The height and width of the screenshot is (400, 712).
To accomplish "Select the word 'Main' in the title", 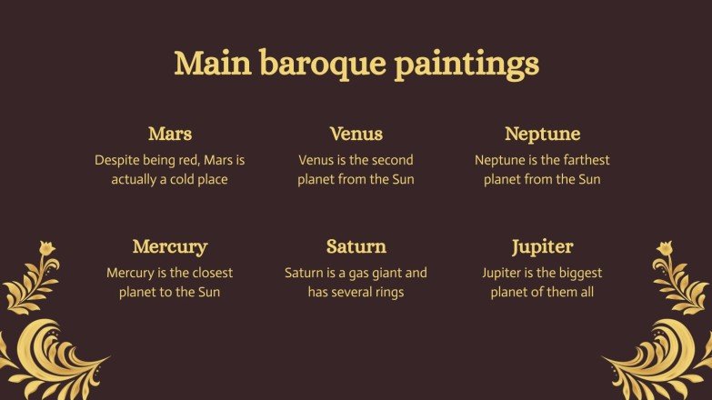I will click(212, 65).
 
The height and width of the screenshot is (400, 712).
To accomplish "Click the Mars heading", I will click(170, 135).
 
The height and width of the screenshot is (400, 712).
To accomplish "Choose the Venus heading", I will click(356, 135).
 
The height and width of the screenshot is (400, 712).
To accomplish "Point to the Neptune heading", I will click(542, 135).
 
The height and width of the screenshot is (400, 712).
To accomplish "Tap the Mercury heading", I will click(170, 246).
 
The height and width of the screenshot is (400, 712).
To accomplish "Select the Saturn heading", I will click(356, 246).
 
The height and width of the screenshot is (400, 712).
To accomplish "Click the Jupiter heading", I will click(542, 246).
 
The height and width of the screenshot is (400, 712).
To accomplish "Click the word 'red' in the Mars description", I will click(190, 160).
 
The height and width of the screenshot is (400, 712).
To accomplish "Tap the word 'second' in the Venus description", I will click(391, 160).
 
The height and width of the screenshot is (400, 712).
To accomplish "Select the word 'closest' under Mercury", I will click(211, 273).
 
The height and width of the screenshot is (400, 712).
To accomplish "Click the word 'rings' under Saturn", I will click(387, 292).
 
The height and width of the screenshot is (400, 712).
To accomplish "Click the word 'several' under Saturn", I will click(346, 292).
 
